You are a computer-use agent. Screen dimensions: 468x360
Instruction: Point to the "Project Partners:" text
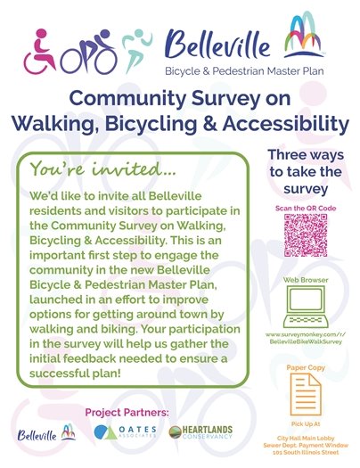point(127,413)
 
